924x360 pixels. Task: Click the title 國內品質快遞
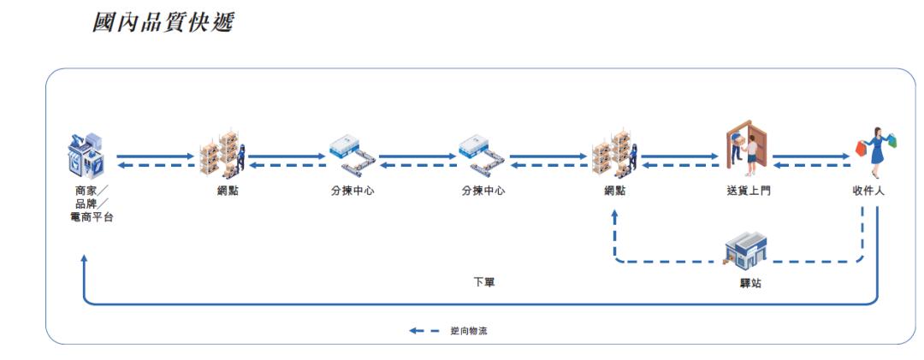163,21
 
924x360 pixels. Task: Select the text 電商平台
92,217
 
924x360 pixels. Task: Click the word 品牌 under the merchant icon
87,204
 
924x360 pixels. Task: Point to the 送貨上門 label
748,191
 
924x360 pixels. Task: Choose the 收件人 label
868,191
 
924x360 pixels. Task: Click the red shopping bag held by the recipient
861,149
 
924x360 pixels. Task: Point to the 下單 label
484,282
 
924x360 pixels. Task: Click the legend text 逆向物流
469,331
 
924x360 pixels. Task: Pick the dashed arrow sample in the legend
424,331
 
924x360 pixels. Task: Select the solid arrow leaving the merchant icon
156,156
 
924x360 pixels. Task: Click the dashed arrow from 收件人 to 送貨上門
811,166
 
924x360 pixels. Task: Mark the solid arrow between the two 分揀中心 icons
418,156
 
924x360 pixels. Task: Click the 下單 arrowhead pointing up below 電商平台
84,258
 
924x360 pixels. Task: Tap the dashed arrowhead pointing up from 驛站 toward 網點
614,216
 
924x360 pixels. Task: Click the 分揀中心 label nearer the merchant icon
352,191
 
